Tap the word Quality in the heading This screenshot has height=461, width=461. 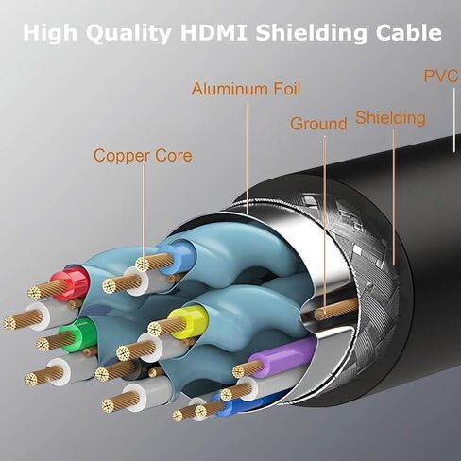(130, 33)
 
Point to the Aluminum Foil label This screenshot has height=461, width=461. (248, 90)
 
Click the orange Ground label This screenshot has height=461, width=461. (318, 124)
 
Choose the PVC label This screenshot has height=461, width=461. (440, 76)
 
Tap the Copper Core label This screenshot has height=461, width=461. (143, 155)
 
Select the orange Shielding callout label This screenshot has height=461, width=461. (390, 118)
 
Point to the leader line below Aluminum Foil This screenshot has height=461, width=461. (248, 151)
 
